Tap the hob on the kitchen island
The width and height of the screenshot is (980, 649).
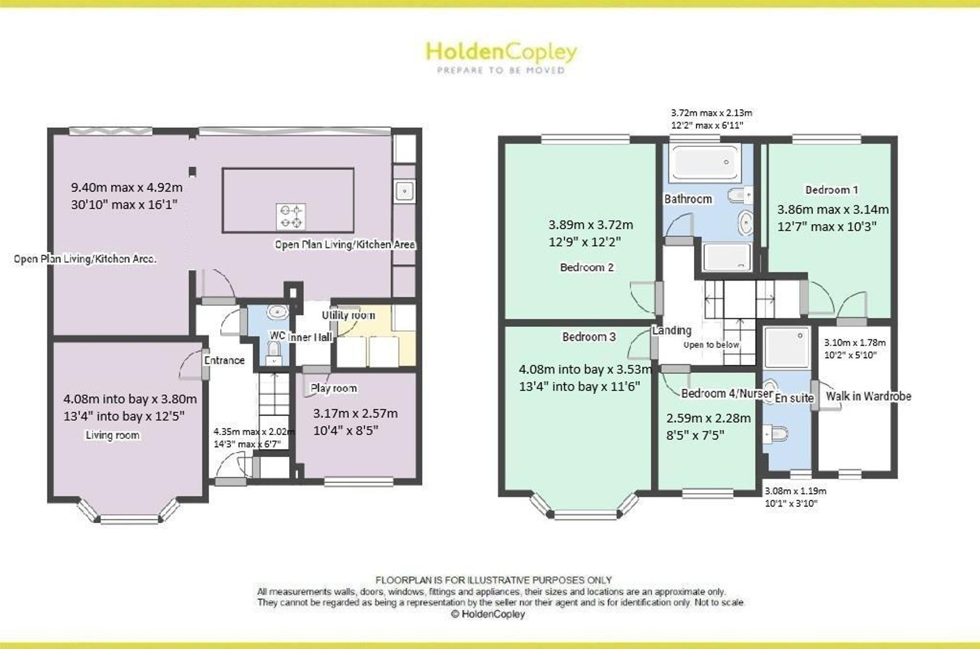point(291,217)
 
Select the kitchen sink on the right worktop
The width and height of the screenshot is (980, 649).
point(404,191)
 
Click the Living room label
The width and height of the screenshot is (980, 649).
point(113,435)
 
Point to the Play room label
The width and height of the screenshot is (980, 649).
point(334,388)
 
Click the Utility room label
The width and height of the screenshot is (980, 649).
point(348,315)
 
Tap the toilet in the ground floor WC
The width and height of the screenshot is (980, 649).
point(273,353)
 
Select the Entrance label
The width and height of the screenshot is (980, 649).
point(224,360)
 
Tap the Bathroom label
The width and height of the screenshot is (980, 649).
point(688,199)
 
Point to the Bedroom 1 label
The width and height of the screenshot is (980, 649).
point(832,190)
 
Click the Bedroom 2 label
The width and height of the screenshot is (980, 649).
point(587,267)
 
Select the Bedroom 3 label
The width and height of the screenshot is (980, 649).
point(588,337)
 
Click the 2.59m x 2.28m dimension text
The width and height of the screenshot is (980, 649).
point(708,418)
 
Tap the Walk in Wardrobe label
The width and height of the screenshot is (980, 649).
point(868,396)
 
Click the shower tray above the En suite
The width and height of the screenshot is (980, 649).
point(786,347)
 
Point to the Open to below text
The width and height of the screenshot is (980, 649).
point(711,345)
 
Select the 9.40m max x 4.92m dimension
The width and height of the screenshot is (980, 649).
point(127,187)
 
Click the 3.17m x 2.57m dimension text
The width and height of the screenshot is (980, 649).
point(355,413)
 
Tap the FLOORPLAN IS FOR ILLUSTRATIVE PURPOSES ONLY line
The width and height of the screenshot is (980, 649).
point(493,580)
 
